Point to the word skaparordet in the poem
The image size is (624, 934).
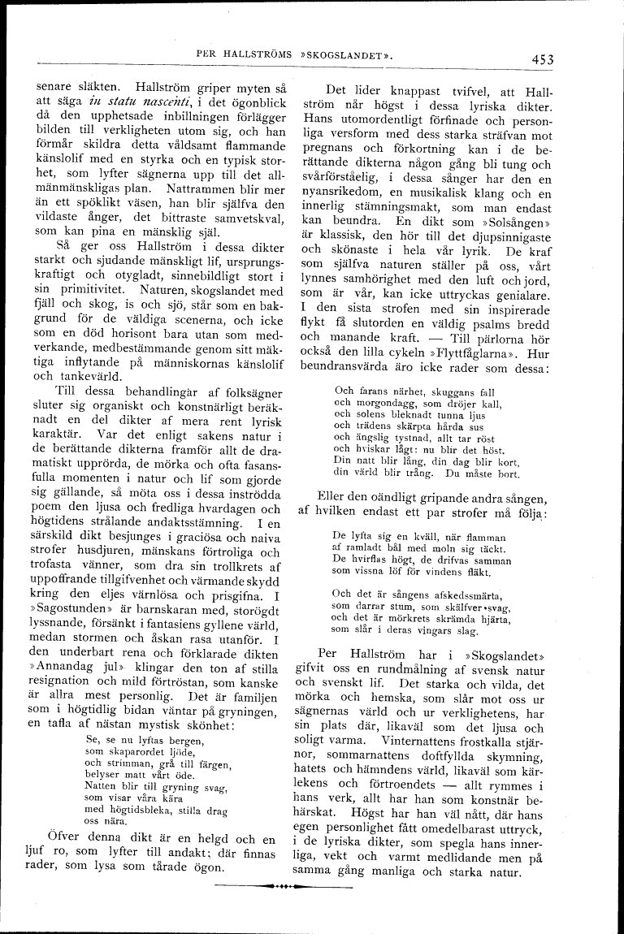pos(132,752)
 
